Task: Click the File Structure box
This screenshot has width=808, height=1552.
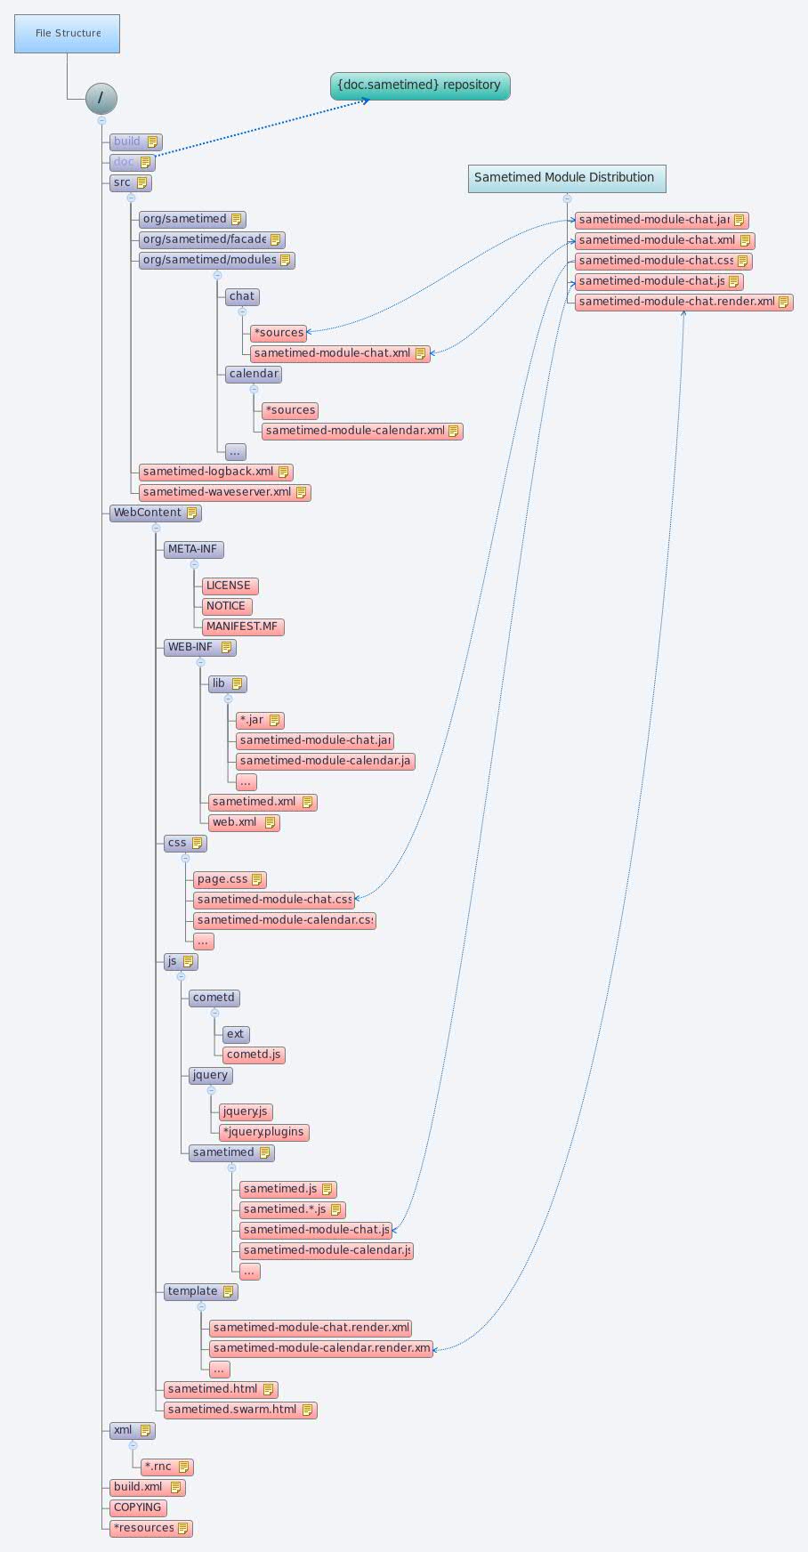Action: click(67, 34)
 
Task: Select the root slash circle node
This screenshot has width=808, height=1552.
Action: click(101, 98)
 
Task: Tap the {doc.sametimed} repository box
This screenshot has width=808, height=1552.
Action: click(420, 85)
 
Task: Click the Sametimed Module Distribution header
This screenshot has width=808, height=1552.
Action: click(566, 178)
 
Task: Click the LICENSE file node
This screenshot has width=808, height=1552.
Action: click(229, 586)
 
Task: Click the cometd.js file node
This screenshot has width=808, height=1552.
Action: click(253, 1055)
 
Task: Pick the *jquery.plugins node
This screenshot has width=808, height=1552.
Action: click(263, 1132)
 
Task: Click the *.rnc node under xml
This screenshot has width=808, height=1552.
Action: click(166, 1467)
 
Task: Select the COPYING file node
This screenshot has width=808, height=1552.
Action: click(138, 1508)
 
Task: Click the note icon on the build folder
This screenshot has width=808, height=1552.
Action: click(152, 141)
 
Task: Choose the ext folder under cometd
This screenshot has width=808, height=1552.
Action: click(235, 1034)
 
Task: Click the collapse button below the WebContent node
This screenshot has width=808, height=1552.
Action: click(156, 528)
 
